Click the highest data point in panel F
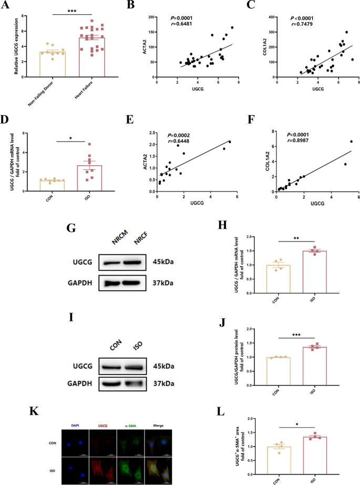pos(351,142)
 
